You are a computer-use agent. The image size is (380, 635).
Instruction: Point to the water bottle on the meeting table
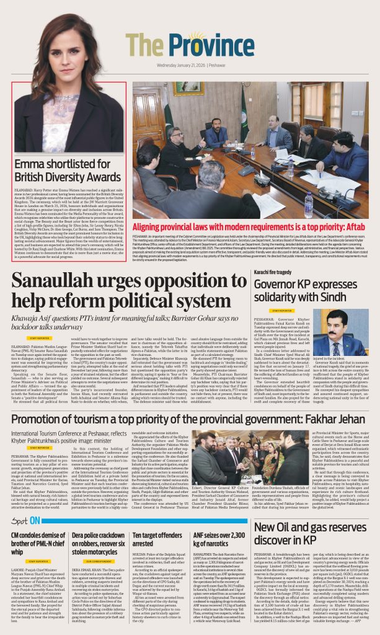[309, 204]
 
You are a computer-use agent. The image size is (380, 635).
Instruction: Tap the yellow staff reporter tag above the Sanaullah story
[39, 339]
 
